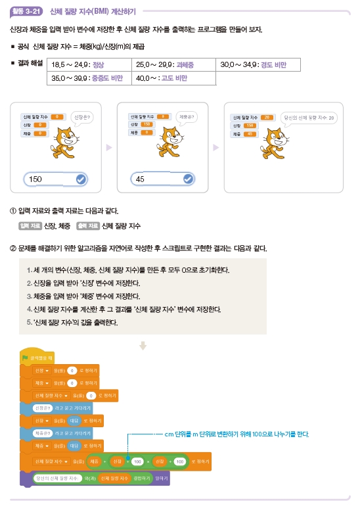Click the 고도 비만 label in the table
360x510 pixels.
[x=174, y=78]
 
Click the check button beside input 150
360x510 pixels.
[x=81, y=179]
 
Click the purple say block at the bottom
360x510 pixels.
[x=99, y=478]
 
